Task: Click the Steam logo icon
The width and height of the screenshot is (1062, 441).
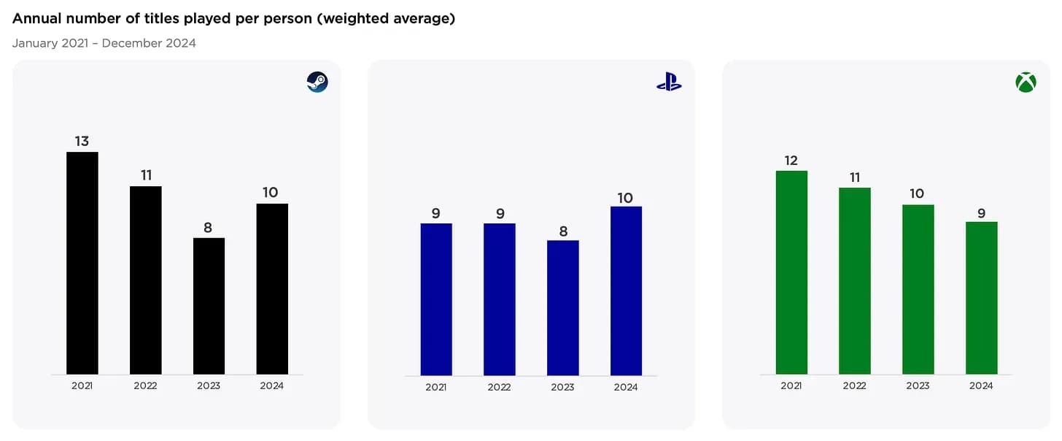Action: [317, 82]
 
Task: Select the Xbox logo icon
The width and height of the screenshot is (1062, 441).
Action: [1026, 83]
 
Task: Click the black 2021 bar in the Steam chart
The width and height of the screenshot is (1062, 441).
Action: [82, 263]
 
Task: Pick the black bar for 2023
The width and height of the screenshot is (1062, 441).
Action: [209, 306]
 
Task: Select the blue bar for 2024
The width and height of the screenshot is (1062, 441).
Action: [626, 291]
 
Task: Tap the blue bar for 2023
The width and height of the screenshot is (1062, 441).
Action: [562, 307]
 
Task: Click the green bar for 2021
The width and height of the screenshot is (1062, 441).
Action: [791, 272]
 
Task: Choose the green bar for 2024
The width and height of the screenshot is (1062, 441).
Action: [981, 298]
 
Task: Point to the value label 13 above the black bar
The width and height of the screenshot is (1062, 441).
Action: [82, 141]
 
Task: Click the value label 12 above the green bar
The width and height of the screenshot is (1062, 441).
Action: [791, 160]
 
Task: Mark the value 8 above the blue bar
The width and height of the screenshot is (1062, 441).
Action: [562, 230]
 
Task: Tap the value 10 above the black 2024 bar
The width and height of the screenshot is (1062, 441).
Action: [271, 193]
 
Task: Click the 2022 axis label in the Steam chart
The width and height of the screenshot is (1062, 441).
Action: [145, 386]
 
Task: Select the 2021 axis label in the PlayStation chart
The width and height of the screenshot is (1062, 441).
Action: [436, 387]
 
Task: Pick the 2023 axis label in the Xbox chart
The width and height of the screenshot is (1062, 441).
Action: [918, 386]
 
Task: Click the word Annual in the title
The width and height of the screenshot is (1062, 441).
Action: [37, 19]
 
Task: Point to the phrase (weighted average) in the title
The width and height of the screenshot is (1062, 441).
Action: [386, 19]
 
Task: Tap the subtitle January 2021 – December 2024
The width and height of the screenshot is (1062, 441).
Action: [104, 43]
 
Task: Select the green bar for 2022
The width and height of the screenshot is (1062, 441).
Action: [855, 280]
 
